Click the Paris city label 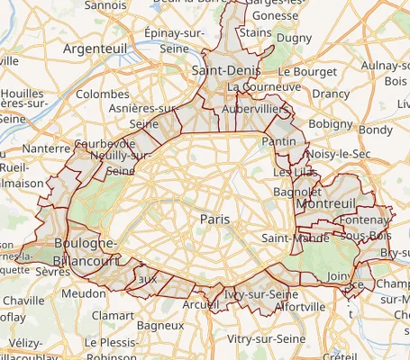(x=214, y=219)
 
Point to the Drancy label (x=331, y=94)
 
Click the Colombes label (x=103, y=94)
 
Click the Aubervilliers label (x=259, y=107)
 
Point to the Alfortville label (x=300, y=306)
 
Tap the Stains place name (x=256, y=33)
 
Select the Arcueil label (x=200, y=305)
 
